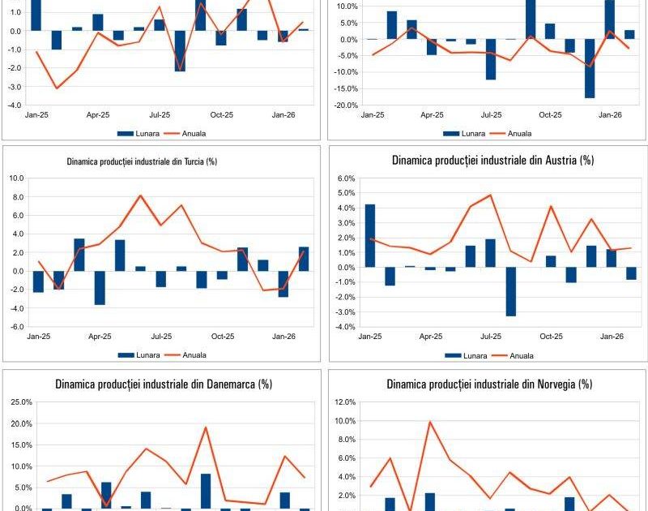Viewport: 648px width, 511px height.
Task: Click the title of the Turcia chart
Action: click(x=141, y=161)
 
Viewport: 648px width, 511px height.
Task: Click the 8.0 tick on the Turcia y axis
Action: click(x=17, y=196)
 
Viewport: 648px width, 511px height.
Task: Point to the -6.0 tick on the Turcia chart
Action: click(x=16, y=327)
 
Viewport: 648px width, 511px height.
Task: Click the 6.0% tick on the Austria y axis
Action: click(x=344, y=178)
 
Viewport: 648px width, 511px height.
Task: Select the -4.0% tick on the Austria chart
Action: click(x=343, y=327)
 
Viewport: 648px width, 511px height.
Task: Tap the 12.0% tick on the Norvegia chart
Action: click(x=344, y=402)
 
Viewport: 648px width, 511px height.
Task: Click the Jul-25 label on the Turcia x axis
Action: click(x=161, y=336)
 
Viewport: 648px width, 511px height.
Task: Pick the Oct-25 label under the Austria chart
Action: click(x=552, y=336)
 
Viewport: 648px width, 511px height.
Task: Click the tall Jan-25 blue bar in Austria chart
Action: click(x=370, y=236)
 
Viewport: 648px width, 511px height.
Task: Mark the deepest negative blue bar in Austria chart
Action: click(x=511, y=292)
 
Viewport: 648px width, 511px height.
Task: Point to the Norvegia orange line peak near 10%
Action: click(x=430, y=422)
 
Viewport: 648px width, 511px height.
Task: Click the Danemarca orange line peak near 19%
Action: click(x=206, y=427)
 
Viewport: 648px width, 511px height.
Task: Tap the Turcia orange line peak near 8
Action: click(x=140, y=195)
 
